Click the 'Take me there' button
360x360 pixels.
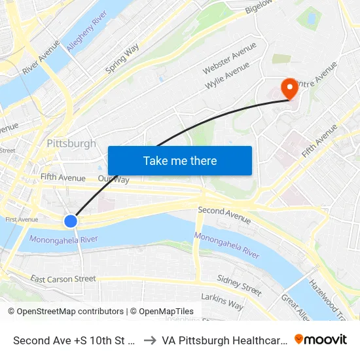click(180, 160)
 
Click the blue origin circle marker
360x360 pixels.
click(71, 221)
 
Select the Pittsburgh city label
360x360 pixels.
click(71, 143)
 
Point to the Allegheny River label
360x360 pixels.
click(86, 29)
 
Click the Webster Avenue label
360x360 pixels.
click(229, 59)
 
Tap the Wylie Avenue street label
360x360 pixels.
click(227, 77)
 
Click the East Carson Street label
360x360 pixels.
click(63, 279)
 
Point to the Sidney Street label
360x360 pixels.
click(239, 285)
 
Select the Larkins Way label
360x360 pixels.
click(222, 302)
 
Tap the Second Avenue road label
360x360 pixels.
click(225, 212)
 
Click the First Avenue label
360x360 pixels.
click(22, 220)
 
